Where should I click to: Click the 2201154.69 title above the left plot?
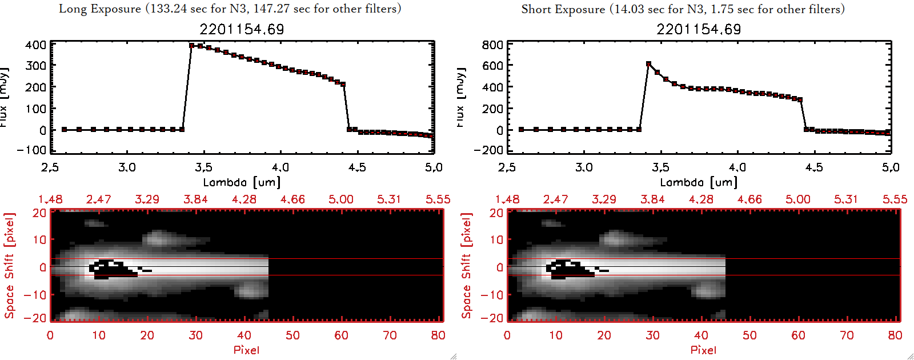click(242, 29)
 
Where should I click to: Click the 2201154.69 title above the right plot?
click(699, 29)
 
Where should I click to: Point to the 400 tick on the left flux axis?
click(36, 45)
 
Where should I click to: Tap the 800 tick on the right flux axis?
click(493, 45)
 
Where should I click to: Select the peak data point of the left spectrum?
click(192, 45)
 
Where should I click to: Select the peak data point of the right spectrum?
click(648, 64)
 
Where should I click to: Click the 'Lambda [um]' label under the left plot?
click(242, 182)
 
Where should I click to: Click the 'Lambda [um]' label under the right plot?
click(699, 182)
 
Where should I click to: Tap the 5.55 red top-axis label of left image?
click(438, 199)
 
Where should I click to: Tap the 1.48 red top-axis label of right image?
click(507, 199)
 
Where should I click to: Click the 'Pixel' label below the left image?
click(246, 350)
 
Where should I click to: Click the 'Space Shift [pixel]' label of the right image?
click(467, 266)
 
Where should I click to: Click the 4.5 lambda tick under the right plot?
click(814, 167)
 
